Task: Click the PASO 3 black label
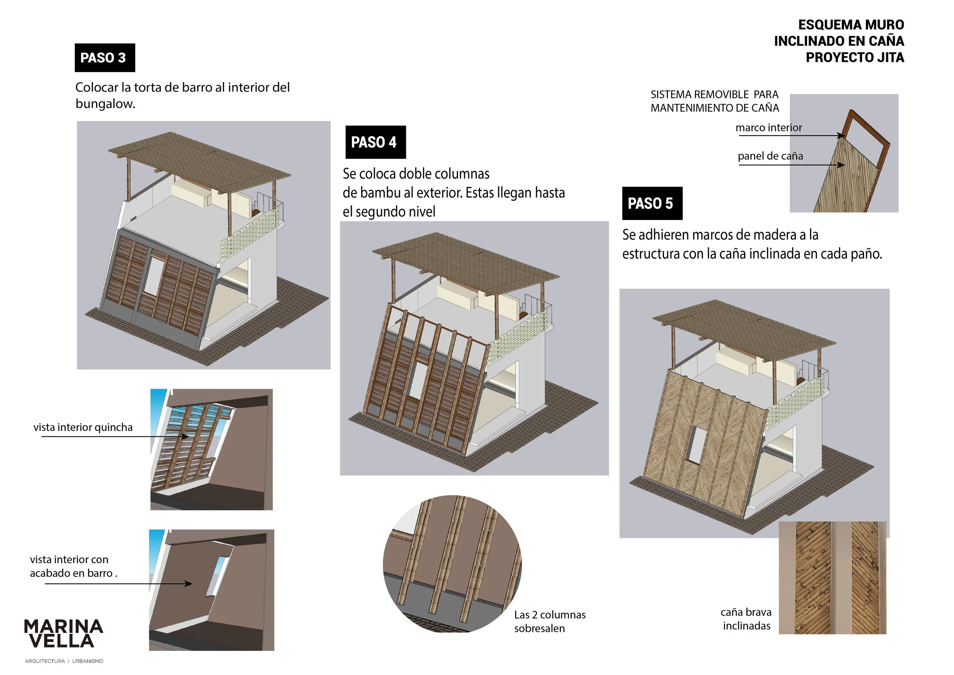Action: pos(105,58)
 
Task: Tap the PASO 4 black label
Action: pos(375,142)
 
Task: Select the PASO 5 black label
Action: pos(652,203)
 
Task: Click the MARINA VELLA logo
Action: pos(64,633)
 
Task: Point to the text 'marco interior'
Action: pos(768,128)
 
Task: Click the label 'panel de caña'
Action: pos(770,156)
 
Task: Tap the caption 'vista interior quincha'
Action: pos(83,427)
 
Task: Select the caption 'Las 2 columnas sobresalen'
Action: pos(549,622)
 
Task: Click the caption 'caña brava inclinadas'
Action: pos(746,619)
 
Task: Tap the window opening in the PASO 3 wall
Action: pos(155,276)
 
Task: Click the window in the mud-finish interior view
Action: pos(217,576)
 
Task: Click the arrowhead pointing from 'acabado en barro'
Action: pos(189,583)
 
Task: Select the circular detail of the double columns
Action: pos(452,564)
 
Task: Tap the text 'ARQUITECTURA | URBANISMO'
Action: pos(64,661)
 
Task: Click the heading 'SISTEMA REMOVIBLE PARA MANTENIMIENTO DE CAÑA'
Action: pos(714,101)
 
